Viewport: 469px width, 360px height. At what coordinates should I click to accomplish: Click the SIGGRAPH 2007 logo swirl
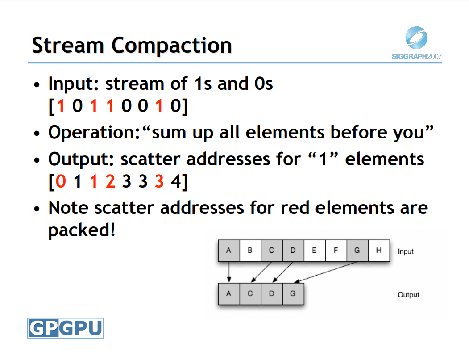[416, 38]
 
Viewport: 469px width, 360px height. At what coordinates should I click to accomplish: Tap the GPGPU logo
[65, 328]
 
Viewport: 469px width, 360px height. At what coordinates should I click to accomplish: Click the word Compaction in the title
[172, 46]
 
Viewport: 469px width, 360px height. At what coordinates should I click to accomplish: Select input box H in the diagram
[379, 251]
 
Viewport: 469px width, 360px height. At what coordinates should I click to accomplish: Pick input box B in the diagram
[250, 251]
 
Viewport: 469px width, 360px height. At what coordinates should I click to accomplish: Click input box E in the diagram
[314, 251]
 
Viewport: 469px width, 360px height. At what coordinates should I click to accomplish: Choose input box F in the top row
[336, 251]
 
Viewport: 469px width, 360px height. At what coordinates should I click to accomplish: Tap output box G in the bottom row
[293, 294]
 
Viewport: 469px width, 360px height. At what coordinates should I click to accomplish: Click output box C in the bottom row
[250, 294]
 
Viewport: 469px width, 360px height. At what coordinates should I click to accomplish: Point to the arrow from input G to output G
[326, 272]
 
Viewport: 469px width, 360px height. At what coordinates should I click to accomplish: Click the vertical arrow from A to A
[229, 272]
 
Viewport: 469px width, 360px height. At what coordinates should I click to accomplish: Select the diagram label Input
[406, 251]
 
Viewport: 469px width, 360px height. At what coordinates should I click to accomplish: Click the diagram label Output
[408, 295]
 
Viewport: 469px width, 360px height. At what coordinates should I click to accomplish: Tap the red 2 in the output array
[110, 181]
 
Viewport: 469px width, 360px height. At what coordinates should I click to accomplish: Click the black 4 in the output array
[175, 181]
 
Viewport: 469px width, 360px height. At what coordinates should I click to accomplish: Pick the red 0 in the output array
[61, 181]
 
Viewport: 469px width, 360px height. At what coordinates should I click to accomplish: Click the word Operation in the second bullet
[92, 132]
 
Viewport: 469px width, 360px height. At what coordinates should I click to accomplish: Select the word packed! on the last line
[82, 230]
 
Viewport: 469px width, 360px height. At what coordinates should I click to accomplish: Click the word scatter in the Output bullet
[150, 159]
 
